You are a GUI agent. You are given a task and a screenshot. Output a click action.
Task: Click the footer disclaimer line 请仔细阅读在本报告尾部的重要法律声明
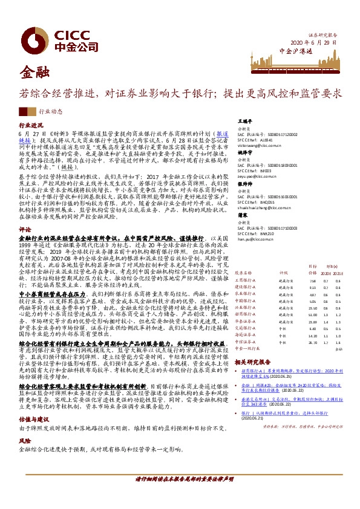pos(180,495)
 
